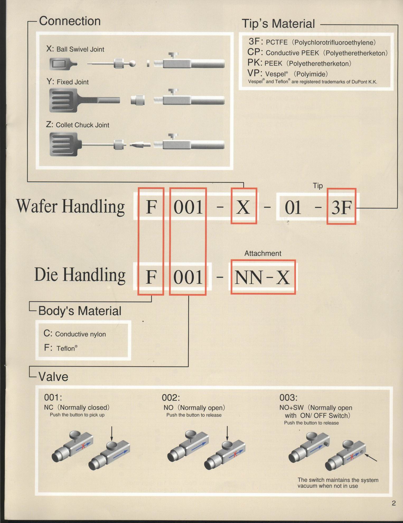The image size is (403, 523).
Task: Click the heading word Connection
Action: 70,21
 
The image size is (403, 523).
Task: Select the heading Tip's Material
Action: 278,24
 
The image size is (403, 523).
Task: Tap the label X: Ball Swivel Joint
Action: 75,49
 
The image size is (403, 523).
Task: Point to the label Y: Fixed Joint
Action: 68,82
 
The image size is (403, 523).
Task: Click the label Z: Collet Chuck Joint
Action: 78,125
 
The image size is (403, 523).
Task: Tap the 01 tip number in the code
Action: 293,207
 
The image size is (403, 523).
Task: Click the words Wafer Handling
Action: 71,206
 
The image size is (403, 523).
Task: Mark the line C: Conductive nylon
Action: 75,334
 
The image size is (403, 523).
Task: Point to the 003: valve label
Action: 288,398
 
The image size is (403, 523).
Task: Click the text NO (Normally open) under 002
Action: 194,408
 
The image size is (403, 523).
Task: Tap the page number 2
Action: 394,503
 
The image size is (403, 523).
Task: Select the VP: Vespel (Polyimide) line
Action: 288,73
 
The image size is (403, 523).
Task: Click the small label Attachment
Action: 263,253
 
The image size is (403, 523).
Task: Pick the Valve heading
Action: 53,377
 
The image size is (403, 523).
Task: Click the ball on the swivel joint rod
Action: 132,63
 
